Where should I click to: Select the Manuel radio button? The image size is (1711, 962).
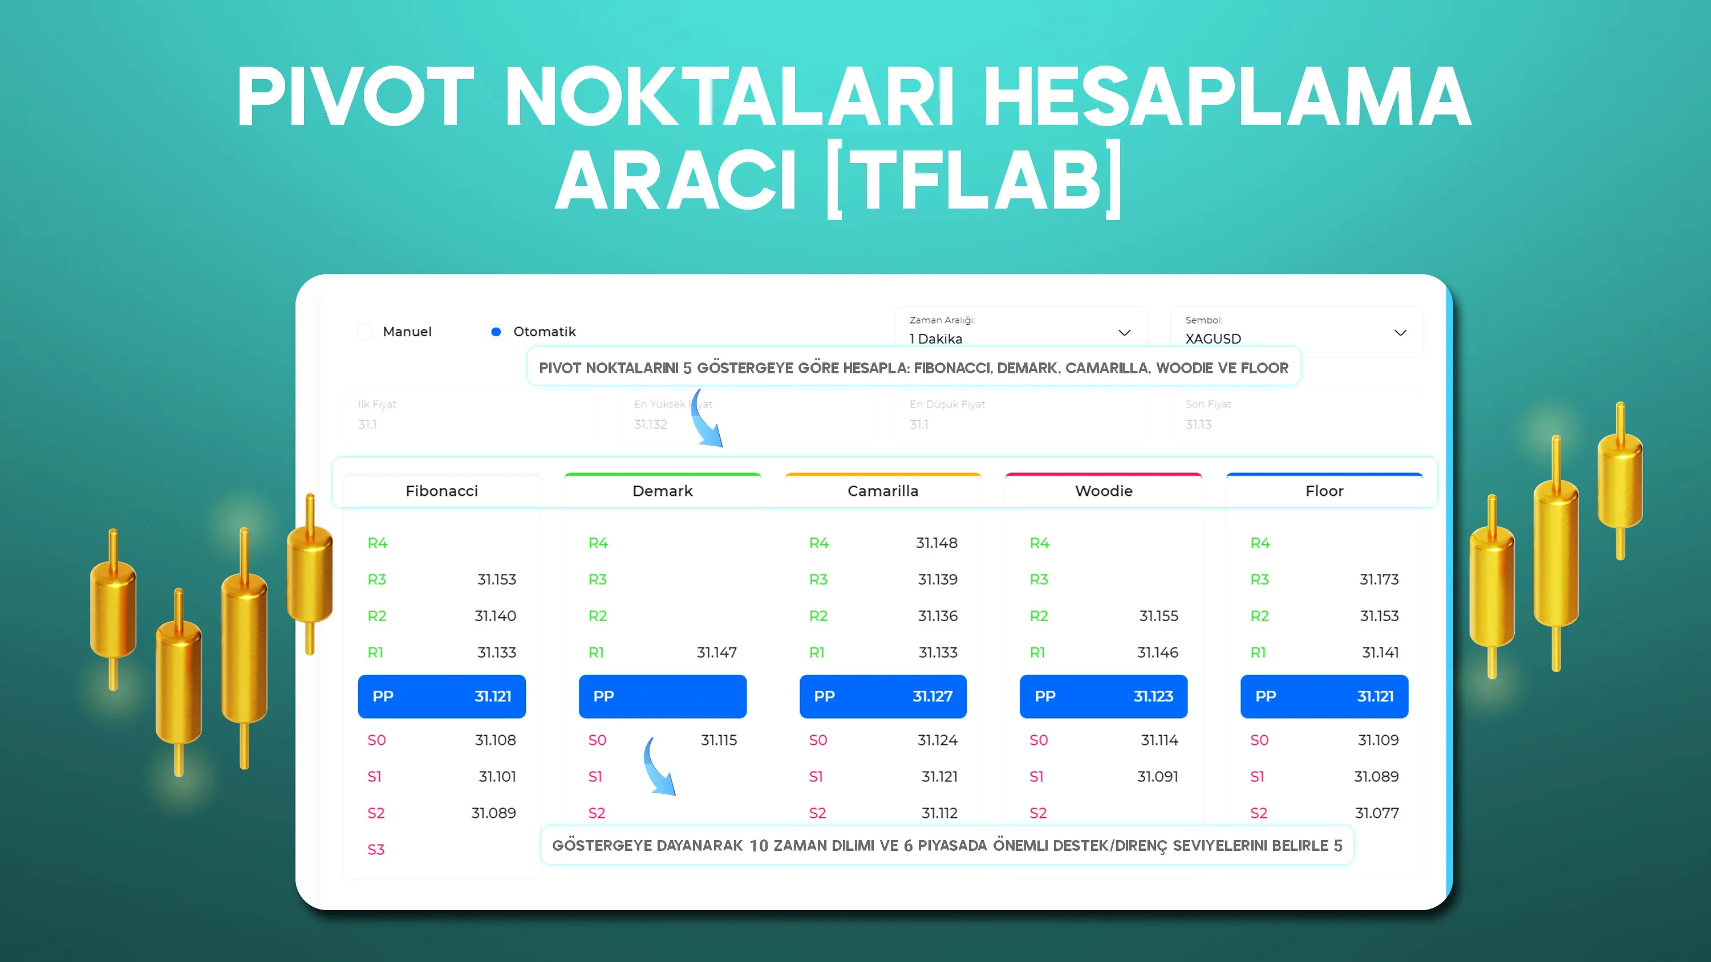pos(366,331)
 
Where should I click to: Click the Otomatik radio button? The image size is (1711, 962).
pos(496,331)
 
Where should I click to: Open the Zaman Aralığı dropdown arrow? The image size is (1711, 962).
pos(1124,333)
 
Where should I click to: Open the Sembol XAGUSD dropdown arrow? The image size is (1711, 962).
pos(1400,333)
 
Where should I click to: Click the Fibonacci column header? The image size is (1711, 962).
pos(441,491)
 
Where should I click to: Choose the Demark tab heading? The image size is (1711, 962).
pos(662,491)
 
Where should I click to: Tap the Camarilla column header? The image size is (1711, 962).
pos(883,491)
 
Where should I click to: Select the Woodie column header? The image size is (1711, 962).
pos(1103,491)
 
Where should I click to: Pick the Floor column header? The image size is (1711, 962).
pos(1324,491)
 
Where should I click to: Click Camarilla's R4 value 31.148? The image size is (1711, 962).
pos(936,543)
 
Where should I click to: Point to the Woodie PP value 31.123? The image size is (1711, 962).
pos(1153,696)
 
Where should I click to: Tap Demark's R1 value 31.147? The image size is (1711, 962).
pos(717,653)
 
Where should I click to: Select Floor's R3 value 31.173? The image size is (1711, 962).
pos(1379,580)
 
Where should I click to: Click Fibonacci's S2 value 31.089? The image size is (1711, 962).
pos(493,813)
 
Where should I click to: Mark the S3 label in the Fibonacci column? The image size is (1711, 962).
pos(376,850)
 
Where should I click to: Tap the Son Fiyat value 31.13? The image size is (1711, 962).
pos(1198,424)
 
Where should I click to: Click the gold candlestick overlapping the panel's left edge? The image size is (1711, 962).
pos(310,574)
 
